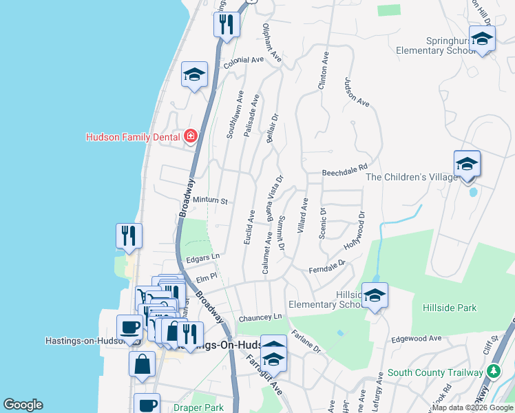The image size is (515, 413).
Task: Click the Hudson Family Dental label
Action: [x=132, y=137]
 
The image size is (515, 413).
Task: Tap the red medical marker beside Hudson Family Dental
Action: [x=190, y=136]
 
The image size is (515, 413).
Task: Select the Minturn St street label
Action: [x=210, y=201]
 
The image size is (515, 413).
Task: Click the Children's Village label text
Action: [x=411, y=178]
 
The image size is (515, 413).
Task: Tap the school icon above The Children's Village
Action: [x=466, y=165]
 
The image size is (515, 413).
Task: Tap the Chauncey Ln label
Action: [x=260, y=318]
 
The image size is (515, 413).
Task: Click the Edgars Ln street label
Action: [x=202, y=257]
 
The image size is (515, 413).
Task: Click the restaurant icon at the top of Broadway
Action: [x=226, y=25]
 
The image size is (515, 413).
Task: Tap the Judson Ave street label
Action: [x=357, y=92]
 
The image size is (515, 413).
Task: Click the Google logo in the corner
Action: [x=23, y=405]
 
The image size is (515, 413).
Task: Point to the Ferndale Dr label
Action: [x=326, y=267]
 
